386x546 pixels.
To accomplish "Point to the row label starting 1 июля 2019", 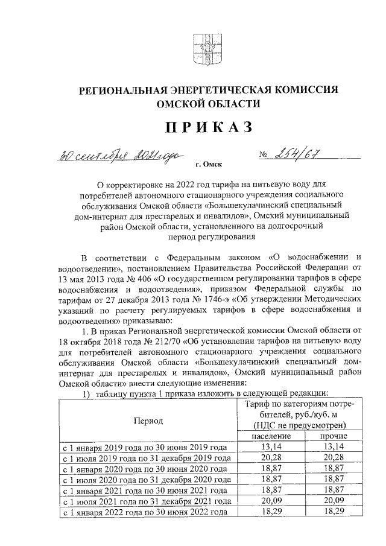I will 148,458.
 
